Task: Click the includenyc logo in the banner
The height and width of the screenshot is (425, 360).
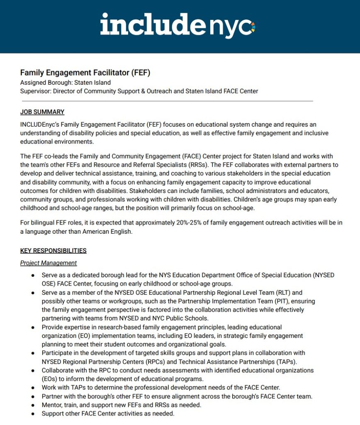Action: pos(178,25)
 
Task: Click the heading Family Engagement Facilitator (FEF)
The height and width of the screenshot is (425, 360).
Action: pos(85,73)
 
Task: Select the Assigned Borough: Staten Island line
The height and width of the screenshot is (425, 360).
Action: pos(66,83)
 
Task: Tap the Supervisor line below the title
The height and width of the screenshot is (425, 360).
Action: pos(139,91)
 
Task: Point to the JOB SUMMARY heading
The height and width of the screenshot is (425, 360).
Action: pos(42,112)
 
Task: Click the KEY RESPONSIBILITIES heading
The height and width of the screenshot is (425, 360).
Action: pos(54,251)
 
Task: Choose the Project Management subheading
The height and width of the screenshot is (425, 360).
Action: pos(49,263)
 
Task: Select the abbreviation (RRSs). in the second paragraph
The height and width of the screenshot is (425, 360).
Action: pos(183,164)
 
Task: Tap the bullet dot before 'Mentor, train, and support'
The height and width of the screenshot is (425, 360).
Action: pos(33,405)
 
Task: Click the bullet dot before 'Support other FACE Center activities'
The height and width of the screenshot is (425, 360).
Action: pos(33,414)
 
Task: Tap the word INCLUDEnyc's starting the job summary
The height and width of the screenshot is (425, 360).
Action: pos(38,125)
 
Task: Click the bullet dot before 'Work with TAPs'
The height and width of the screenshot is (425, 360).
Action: pos(33,388)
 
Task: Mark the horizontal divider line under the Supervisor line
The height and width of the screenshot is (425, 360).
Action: pos(166,101)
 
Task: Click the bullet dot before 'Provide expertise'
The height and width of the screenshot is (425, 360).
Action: pos(33,327)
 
